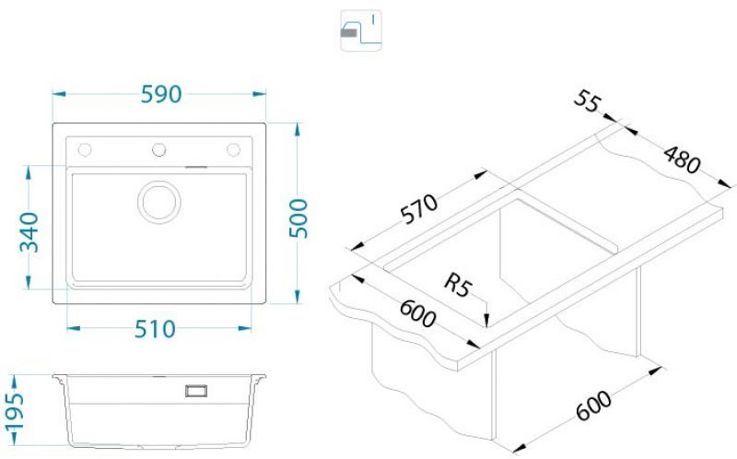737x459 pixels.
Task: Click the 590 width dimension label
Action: pyautogui.click(x=161, y=95)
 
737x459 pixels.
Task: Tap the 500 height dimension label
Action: pyautogui.click(x=298, y=218)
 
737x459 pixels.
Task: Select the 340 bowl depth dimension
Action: pyautogui.click(x=29, y=232)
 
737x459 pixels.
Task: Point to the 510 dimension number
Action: pyautogui.click(x=155, y=329)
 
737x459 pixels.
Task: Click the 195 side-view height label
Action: pyautogui.click(x=15, y=412)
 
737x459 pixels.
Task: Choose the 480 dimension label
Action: pyautogui.click(x=682, y=159)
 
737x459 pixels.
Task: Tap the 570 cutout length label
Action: pyautogui.click(x=419, y=209)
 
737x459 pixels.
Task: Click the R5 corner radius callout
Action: pyautogui.click(x=457, y=285)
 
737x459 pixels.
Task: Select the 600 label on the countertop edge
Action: pyautogui.click(x=417, y=313)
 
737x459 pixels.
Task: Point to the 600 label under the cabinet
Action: pyautogui.click(x=594, y=406)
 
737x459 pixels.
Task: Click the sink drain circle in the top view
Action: pyautogui.click(x=159, y=202)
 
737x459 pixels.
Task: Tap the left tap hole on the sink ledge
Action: pyautogui.click(x=85, y=150)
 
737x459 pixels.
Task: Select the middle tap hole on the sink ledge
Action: pyautogui.click(x=158, y=150)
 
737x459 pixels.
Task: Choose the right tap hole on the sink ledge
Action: pyautogui.click(x=234, y=150)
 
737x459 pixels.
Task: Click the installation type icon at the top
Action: pyautogui.click(x=361, y=30)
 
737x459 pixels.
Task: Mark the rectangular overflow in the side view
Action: pyautogui.click(x=196, y=391)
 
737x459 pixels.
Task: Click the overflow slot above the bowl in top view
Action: pyautogui.click(x=196, y=167)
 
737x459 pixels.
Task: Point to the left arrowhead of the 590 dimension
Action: pyautogui.click(x=58, y=94)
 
